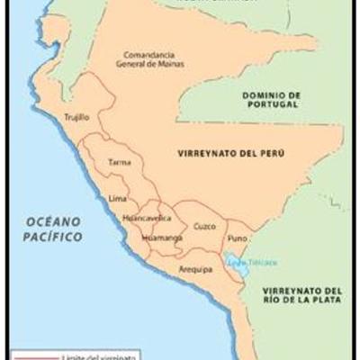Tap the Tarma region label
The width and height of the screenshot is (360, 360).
click(x=119, y=163)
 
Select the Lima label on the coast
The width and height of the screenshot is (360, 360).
click(x=117, y=197)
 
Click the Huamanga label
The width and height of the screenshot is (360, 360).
click(x=162, y=238)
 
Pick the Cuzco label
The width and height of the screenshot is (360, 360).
click(x=204, y=226)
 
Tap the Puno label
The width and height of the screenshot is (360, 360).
click(x=238, y=238)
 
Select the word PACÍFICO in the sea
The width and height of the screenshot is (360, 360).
click(x=53, y=237)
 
